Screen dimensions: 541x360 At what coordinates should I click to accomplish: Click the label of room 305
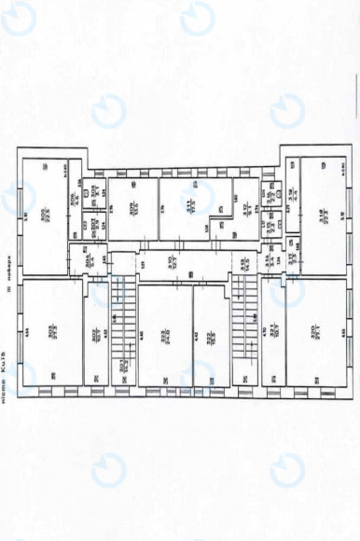(x=45, y=211)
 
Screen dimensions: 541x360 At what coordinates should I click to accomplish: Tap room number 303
(x=54, y=330)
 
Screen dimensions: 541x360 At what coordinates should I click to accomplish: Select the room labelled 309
(x=132, y=208)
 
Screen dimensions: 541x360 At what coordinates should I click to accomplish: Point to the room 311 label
(x=189, y=208)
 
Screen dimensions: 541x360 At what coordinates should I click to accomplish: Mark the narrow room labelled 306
(x=75, y=199)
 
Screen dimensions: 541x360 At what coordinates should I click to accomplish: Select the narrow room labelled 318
(x=292, y=196)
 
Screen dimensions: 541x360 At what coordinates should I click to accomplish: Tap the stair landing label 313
(x=245, y=264)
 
